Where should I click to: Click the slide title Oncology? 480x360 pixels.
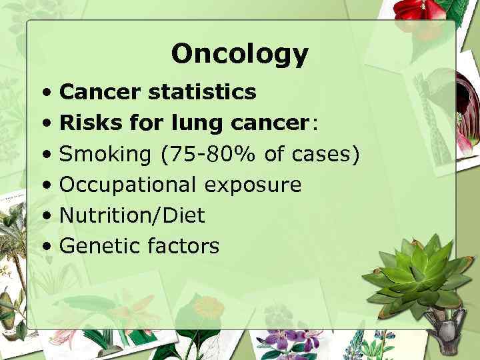click(239, 54)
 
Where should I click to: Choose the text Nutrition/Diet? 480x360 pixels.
click(132, 215)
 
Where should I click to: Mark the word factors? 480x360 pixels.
click(184, 246)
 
